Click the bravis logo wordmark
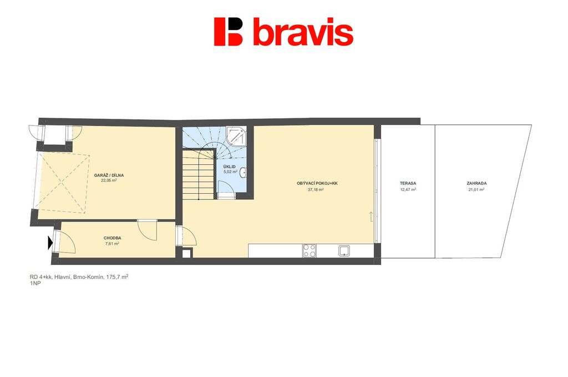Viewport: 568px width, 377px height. coord(303,32)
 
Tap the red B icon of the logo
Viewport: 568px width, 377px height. coord(228,32)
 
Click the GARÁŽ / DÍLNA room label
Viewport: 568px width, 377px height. coord(109,175)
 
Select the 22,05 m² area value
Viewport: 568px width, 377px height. coord(109,180)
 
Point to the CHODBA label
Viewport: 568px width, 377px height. coord(112,238)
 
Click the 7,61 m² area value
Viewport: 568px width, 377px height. coord(112,244)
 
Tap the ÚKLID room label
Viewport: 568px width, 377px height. coord(230,167)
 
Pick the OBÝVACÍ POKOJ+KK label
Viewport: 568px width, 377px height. coord(317,183)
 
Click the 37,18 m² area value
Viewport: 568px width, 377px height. coord(316,189)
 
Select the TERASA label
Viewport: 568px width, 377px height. coord(408,183)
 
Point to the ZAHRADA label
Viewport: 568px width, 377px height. coord(476,183)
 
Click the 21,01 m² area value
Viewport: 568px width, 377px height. coord(476,189)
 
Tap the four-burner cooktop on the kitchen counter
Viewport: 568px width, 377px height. coord(309,250)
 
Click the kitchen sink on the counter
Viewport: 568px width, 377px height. coord(344,251)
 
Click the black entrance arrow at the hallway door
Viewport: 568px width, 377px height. coord(50,243)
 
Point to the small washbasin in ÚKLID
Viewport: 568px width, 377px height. coord(243,173)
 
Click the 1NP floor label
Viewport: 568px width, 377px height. coord(35,284)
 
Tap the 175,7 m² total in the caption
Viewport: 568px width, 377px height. coord(116,277)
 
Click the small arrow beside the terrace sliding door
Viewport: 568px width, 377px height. coord(371,216)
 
